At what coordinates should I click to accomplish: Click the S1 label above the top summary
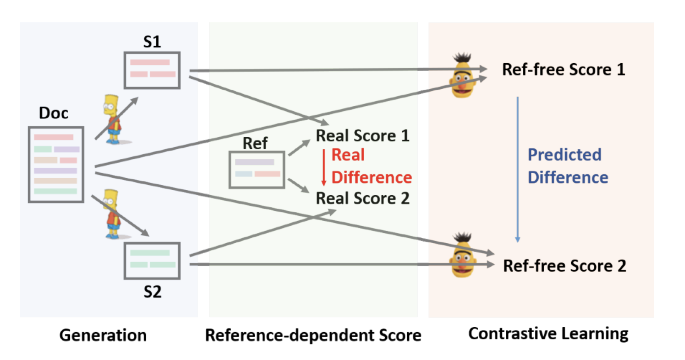pyautogui.click(x=152, y=42)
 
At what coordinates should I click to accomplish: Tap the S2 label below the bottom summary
pyautogui.click(x=152, y=292)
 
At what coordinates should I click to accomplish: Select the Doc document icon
pyautogui.click(x=56, y=164)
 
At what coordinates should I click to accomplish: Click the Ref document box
pyautogui.click(x=257, y=170)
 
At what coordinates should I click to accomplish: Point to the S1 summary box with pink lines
pyautogui.click(x=152, y=70)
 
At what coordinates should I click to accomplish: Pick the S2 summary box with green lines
pyautogui.click(x=152, y=261)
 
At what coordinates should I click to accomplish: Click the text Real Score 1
pyautogui.click(x=362, y=136)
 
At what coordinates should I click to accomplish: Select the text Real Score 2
pyautogui.click(x=362, y=198)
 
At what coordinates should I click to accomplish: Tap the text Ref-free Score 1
pyautogui.click(x=563, y=70)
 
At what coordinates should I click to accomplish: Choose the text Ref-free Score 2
pyautogui.click(x=564, y=266)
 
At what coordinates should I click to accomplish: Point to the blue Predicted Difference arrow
pyautogui.click(x=518, y=170)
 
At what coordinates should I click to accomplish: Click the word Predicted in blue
pyautogui.click(x=564, y=155)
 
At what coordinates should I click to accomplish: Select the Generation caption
pyautogui.click(x=103, y=335)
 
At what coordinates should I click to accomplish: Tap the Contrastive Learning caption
pyautogui.click(x=548, y=334)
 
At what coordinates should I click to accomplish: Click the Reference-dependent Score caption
pyautogui.click(x=313, y=335)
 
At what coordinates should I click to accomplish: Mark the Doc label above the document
pyautogui.click(x=53, y=113)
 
